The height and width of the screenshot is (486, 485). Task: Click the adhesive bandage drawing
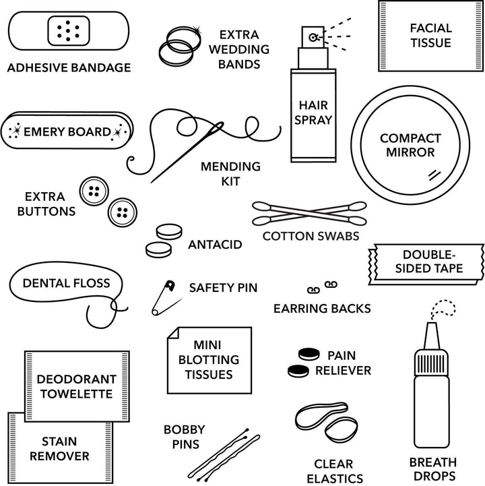[x=69, y=31]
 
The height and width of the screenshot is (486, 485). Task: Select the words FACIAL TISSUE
[x=430, y=35]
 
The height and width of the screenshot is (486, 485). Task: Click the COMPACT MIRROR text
[x=410, y=146]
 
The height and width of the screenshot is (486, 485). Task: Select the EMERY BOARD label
[x=67, y=131]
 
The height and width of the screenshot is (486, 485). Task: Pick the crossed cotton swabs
[x=309, y=213]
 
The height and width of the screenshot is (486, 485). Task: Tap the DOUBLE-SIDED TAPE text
[x=432, y=262]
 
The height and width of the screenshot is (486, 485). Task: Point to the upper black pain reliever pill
[x=309, y=354]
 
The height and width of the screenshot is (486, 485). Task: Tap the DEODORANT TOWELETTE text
[x=76, y=386]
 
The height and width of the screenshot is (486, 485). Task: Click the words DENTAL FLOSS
[x=66, y=283]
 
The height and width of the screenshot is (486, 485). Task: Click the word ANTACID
[x=215, y=244]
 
